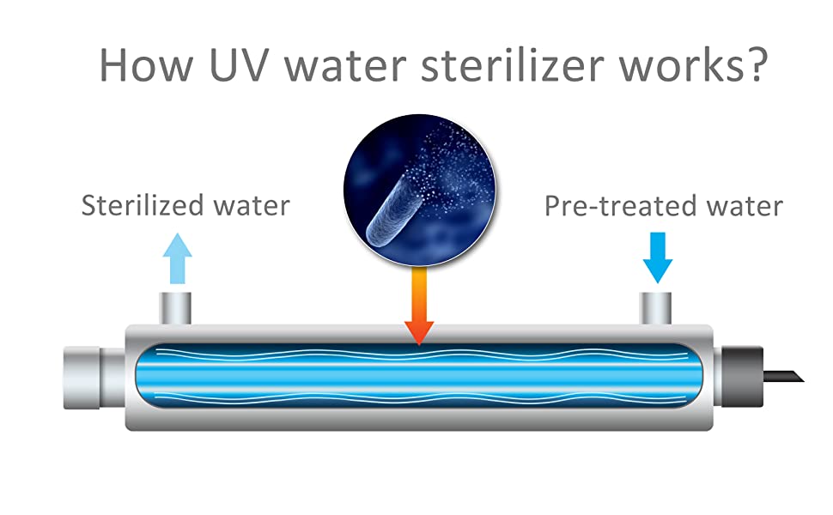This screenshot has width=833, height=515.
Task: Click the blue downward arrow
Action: point(658,257)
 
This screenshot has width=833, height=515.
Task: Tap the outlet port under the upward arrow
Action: point(177,308)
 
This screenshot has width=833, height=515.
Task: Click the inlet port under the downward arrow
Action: point(658,308)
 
